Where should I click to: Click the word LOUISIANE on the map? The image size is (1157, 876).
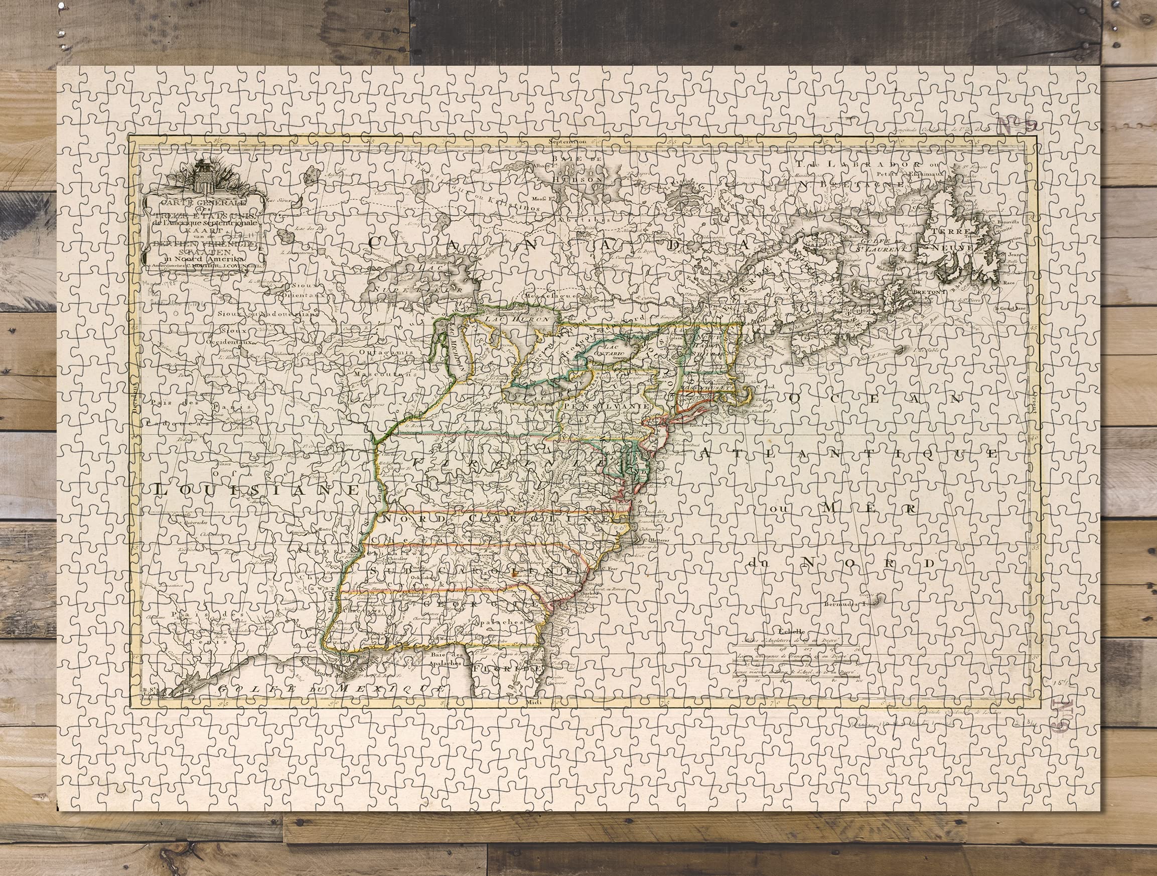click(x=256, y=490)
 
